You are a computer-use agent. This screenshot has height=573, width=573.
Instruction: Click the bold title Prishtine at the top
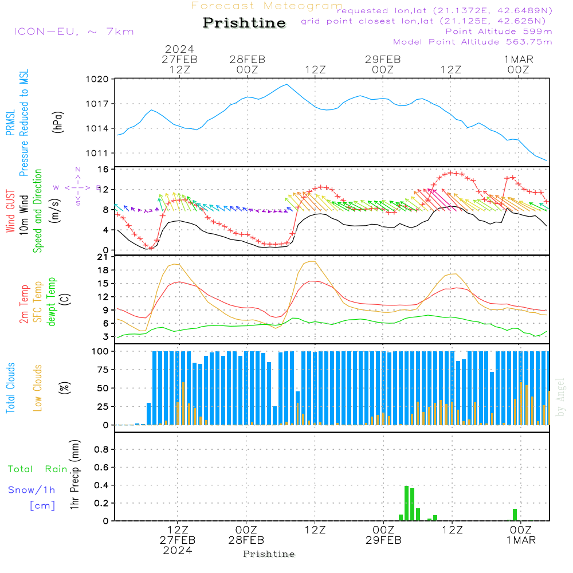pos(244,23)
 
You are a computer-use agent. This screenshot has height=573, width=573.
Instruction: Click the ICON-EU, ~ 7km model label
pos(73,32)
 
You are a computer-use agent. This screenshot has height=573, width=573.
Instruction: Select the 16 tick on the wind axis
pos(103,170)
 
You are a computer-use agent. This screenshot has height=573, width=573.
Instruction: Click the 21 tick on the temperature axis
pos(103,257)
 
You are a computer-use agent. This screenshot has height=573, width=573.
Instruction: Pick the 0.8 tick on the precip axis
pos(101,450)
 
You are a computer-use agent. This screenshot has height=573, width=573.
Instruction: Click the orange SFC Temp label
pos(38,302)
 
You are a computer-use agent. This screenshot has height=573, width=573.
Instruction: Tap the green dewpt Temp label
pos(52,302)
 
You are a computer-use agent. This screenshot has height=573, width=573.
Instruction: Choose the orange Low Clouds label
pos(38,387)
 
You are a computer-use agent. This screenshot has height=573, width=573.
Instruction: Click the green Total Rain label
pos(37,469)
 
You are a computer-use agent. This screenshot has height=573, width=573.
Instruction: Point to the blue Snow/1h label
pos(32,490)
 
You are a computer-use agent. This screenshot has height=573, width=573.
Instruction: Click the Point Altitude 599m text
pos(499,31)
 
